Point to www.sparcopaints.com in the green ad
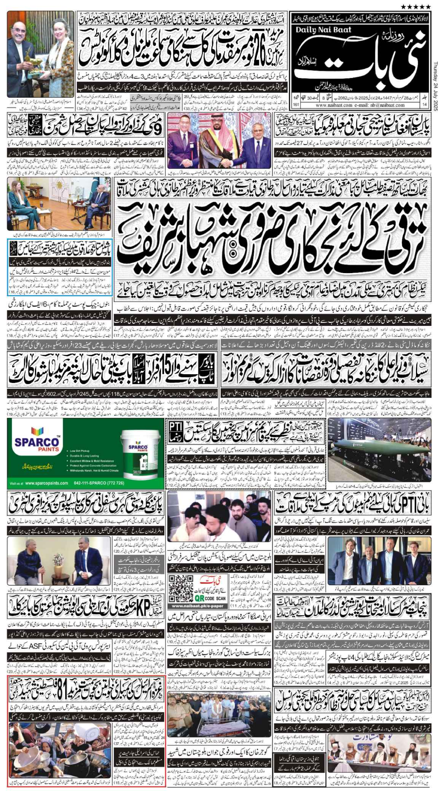[45, 483]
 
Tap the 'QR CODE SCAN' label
[210, 598]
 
